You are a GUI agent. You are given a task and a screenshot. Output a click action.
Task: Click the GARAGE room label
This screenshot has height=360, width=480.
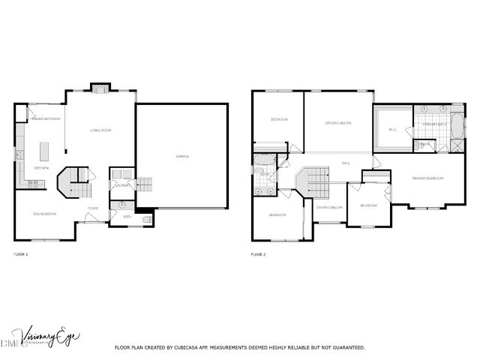pyautogui.click(x=182, y=157)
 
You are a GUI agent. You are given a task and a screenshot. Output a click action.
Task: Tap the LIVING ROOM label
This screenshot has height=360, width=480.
pyautogui.click(x=101, y=130)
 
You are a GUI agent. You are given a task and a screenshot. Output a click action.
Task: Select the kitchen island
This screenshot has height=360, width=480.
pyautogui.click(x=43, y=150)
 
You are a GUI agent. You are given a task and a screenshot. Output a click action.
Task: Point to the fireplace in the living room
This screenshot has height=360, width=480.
pyautogui.click(x=100, y=88)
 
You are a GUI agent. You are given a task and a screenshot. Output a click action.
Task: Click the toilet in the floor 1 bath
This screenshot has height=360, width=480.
pyautogui.click(x=147, y=220)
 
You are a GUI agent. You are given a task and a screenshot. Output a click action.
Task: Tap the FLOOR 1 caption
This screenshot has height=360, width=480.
pyautogui.click(x=21, y=255)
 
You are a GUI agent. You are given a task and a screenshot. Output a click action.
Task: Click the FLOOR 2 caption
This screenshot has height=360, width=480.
pyautogui.click(x=258, y=255)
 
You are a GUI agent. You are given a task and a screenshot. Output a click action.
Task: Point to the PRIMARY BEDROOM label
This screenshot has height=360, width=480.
pyautogui.click(x=427, y=178)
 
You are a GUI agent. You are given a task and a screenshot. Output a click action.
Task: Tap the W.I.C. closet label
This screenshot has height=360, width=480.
pyautogui.click(x=392, y=129)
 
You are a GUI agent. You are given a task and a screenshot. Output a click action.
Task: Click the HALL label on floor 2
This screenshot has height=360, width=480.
pyautogui.click(x=346, y=163)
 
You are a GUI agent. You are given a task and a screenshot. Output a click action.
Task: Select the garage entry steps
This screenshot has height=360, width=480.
pyautogui.click(x=143, y=184)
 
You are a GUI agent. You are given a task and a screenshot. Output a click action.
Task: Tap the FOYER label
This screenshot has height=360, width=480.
pyautogui.click(x=93, y=208)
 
